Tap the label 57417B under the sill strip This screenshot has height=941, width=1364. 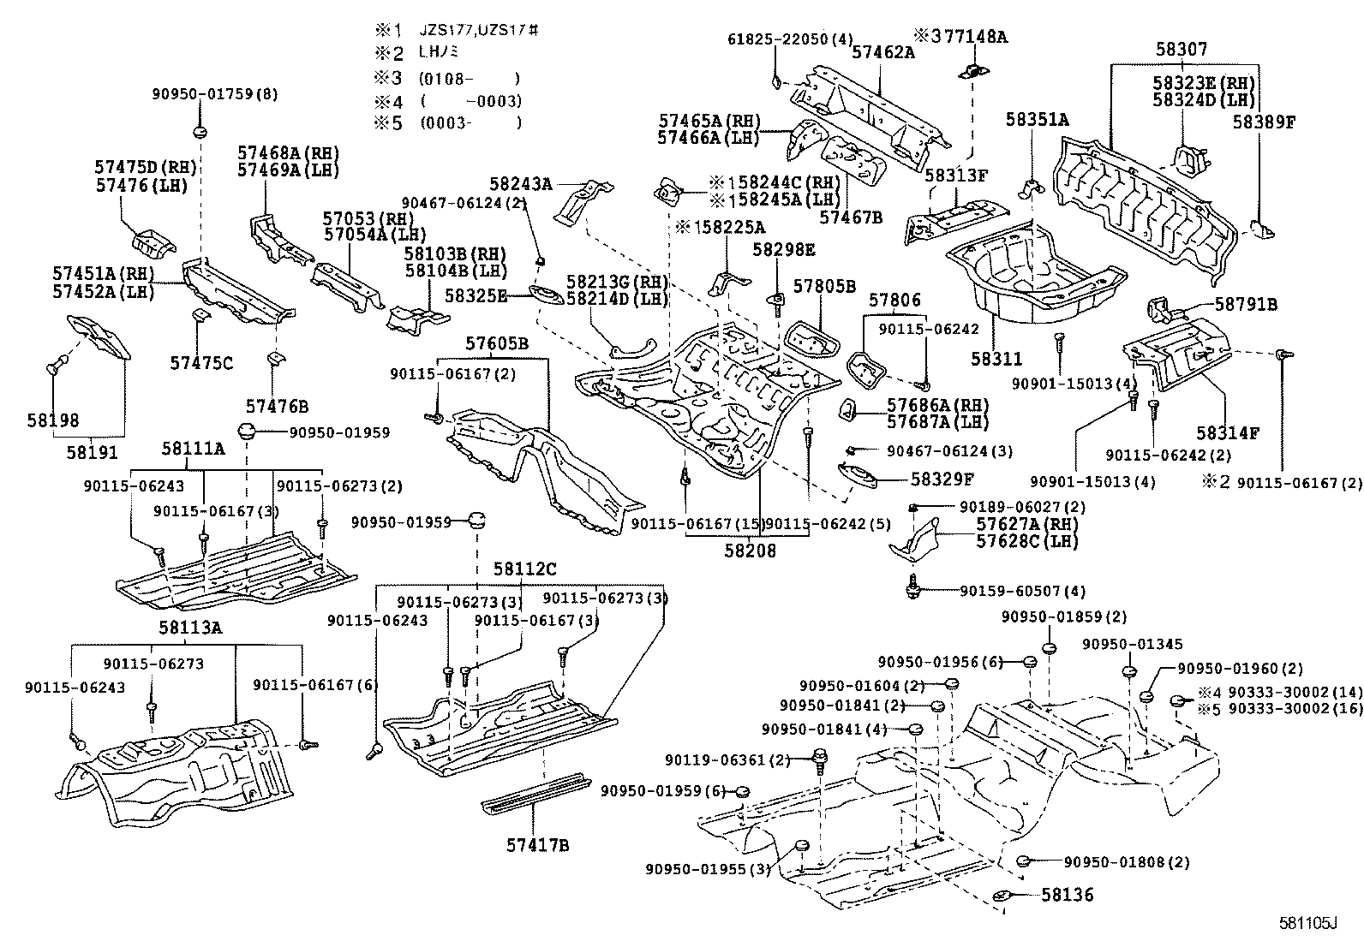(x=537, y=846)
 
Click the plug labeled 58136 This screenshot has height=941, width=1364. (x=1002, y=896)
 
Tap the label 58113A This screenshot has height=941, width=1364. (x=189, y=628)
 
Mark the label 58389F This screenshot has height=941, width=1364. (x=1264, y=122)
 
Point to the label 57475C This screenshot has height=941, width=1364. (x=201, y=363)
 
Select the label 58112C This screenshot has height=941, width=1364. (x=524, y=569)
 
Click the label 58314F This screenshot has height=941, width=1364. (x=1228, y=433)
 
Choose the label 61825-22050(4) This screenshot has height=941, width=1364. (x=791, y=39)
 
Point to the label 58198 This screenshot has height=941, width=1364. (x=53, y=420)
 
